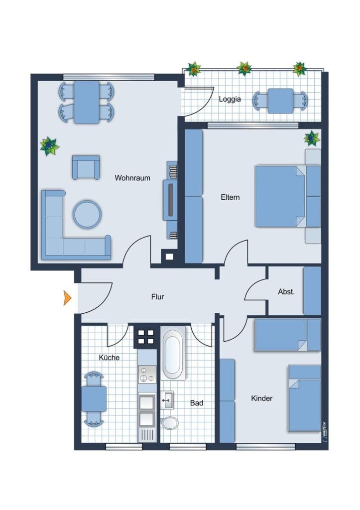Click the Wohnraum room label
[132, 178]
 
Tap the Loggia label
[230, 99]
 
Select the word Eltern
[230, 197]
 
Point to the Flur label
[157, 297]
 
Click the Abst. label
[286, 292]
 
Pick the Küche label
[109, 358]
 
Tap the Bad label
[196, 403]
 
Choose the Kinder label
[262, 398]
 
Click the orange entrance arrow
[67, 298]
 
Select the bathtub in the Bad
[174, 353]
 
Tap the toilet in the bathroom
[170, 423]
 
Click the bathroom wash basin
[167, 400]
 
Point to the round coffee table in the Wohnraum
[87, 214]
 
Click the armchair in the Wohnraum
[86, 167]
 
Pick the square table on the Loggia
[280, 101]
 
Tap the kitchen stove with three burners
[147, 375]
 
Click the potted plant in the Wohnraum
[49, 146]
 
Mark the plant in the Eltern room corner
[312, 138]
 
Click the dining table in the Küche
[94, 399]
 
